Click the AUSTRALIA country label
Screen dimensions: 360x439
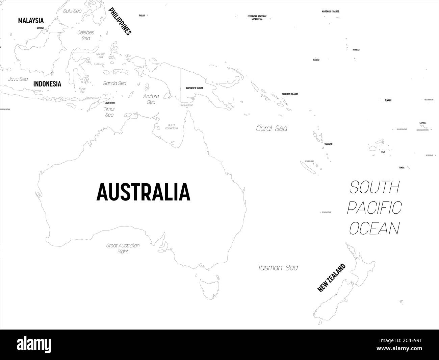click(143, 192)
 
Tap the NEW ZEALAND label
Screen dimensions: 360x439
click(332, 278)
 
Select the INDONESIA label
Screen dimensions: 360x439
click(47, 84)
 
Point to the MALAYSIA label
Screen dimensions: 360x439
click(31, 21)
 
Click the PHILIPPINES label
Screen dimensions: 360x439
click(120, 22)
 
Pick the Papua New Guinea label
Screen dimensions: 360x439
click(195, 88)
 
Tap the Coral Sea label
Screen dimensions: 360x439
click(272, 128)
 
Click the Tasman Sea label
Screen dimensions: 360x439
click(278, 268)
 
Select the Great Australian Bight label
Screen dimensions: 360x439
click(123, 248)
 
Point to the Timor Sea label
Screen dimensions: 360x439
click(109, 112)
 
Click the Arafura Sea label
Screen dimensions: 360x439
click(151, 99)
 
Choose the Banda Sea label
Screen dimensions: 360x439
click(115, 83)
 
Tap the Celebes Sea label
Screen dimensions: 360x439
click(86, 35)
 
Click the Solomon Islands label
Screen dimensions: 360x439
click(290, 94)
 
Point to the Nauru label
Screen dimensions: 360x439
click(316, 60)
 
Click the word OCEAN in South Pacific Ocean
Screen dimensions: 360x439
click(374, 228)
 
